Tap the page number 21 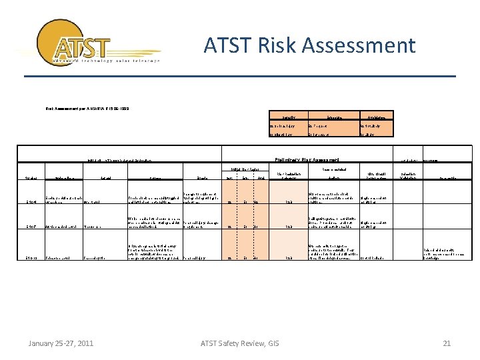tap(447, 343)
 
